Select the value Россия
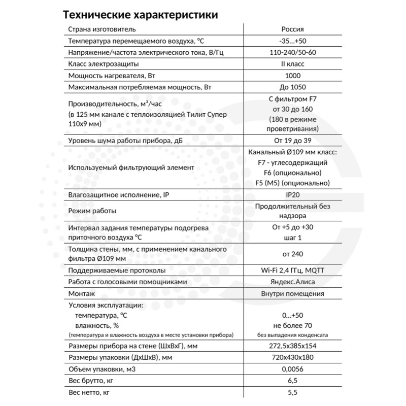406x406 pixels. pyautogui.click(x=292, y=29)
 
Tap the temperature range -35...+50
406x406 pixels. pyautogui.click(x=292, y=41)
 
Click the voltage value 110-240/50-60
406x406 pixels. pyautogui.click(x=292, y=53)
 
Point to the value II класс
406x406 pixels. pyautogui.click(x=292, y=64)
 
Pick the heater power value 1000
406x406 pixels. pyautogui.click(x=292, y=76)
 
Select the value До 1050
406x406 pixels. pyautogui.click(x=292, y=88)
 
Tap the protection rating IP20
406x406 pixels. pyautogui.click(x=292, y=195)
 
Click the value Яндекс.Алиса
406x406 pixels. pyautogui.click(x=292, y=282)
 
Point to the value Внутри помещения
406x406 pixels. pyautogui.click(x=292, y=293)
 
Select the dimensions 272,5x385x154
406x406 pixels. pyautogui.click(x=292, y=346)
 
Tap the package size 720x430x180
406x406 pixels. pyautogui.click(x=292, y=358)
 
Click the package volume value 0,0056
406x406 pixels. pyautogui.click(x=292, y=369)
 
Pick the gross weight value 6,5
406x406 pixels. pyautogui.click(x=292, y=381)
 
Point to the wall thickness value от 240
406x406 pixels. pyautogui.click(x=292, y=254)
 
